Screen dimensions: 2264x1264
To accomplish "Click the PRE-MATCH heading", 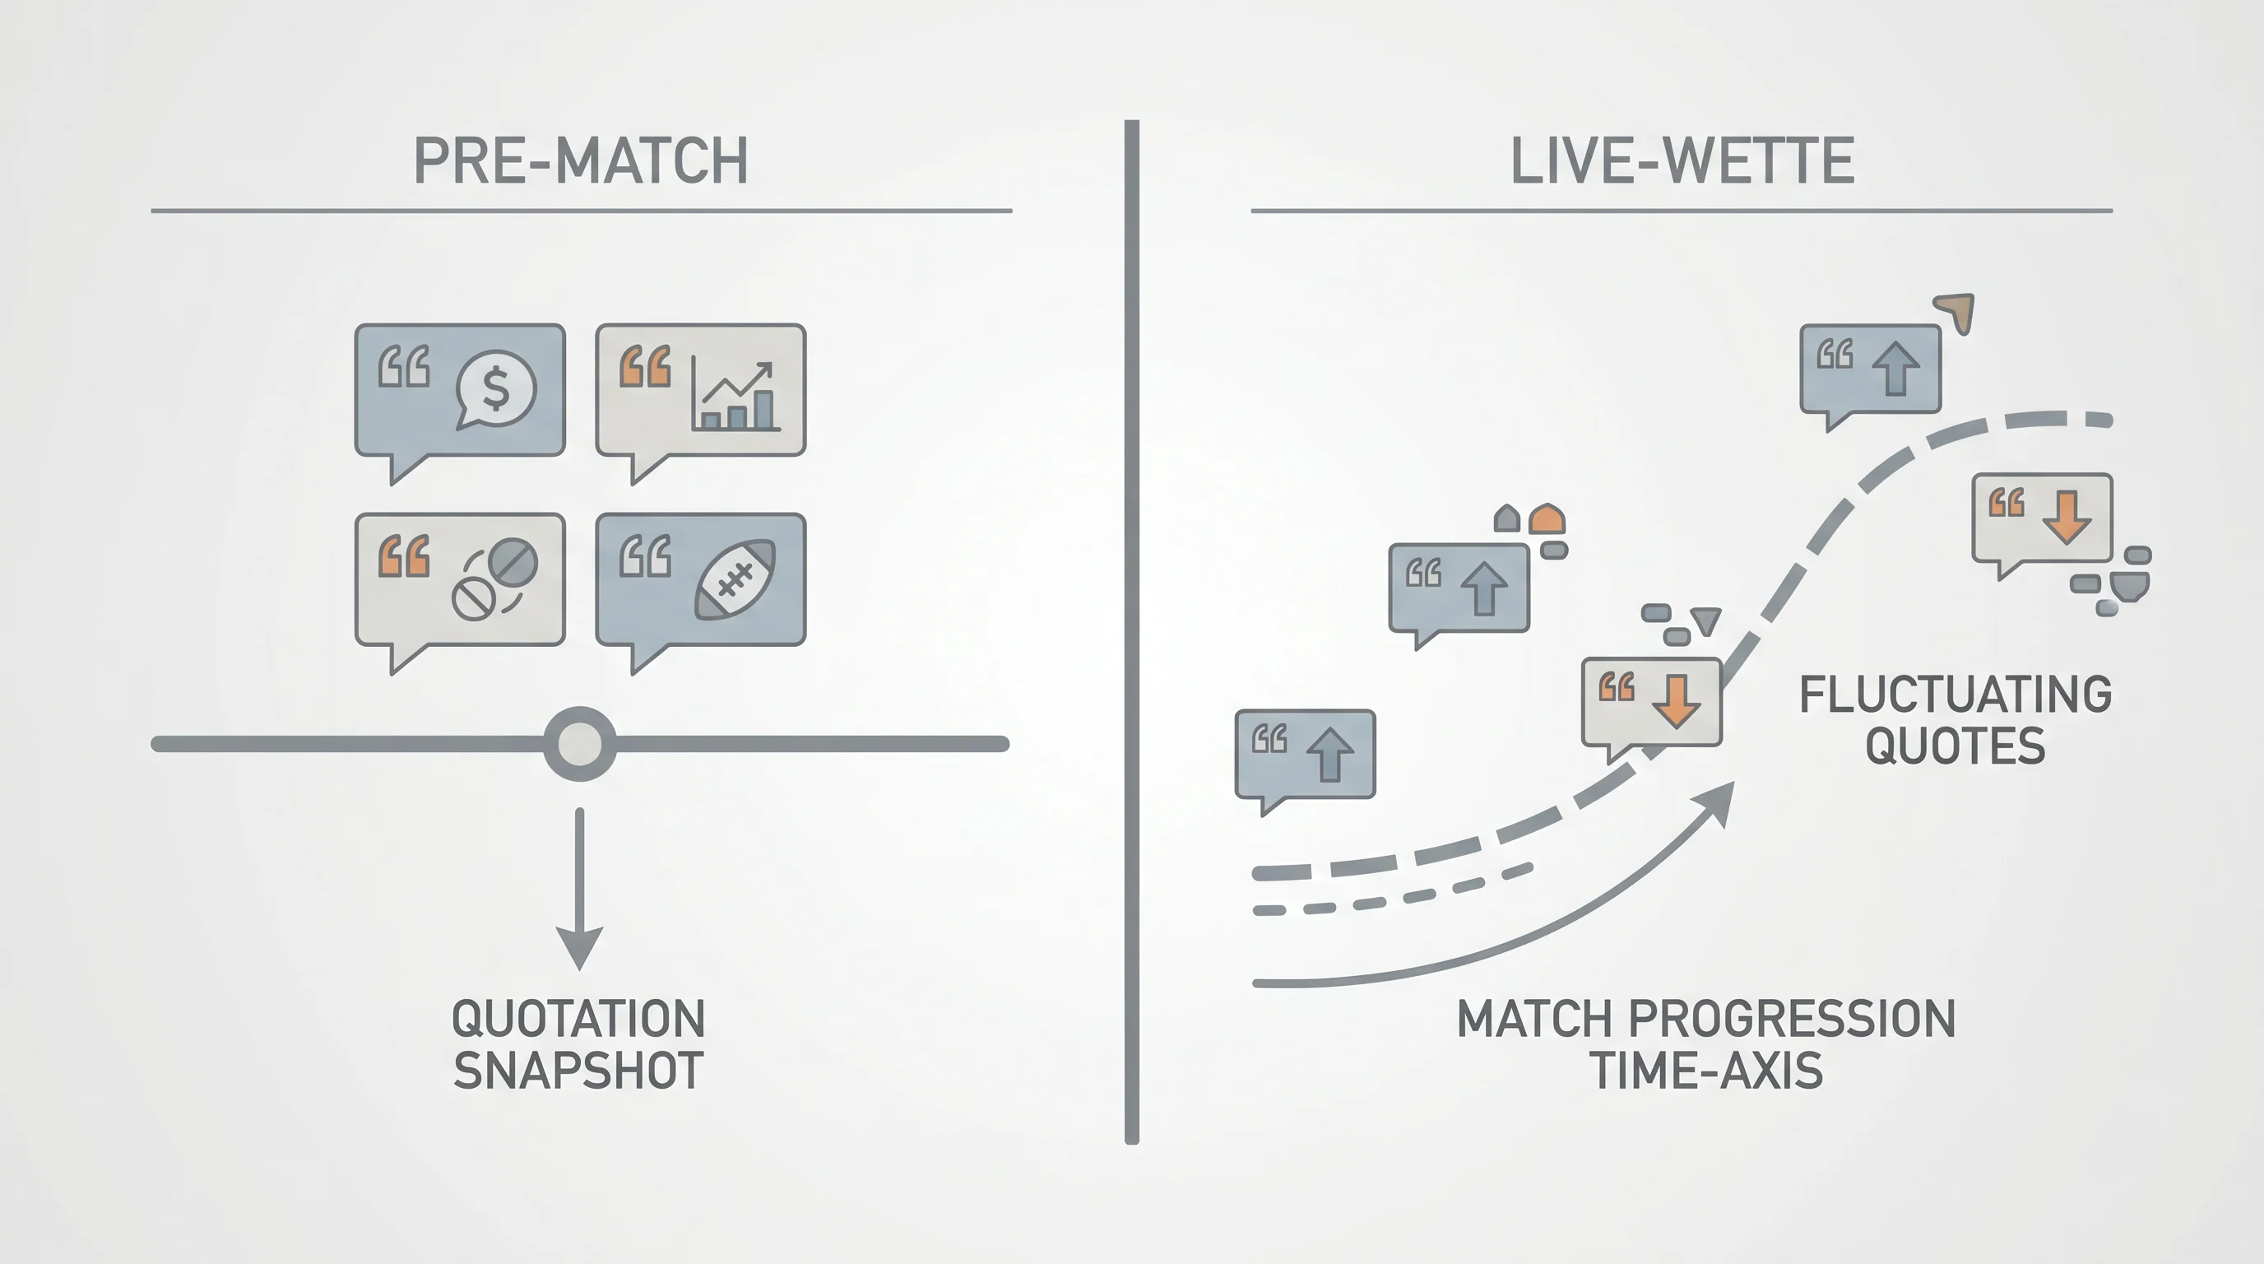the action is pos(581,160).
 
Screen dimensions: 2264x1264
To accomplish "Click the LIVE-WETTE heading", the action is pos(1682,160).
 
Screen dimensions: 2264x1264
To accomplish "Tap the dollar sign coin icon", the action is pos(496,389).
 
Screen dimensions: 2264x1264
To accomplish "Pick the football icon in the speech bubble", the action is pos(735,579).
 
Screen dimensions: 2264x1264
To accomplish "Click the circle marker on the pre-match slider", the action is pos(580,744).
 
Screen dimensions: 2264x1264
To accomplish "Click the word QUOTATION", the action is pos(578,1019).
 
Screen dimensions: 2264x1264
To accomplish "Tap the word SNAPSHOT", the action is pos(578,1071).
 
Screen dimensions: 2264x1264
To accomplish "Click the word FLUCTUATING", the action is pos(1955,695).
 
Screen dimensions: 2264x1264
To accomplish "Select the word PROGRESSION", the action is pos(1792,1019).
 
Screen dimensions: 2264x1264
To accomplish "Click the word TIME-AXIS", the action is pos(1707,1071).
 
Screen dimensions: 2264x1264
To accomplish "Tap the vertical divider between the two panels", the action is pos(1132,632).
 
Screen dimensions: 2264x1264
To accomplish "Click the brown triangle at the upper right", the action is pos(1957,312).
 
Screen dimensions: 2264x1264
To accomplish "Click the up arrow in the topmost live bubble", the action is pos(1895,367).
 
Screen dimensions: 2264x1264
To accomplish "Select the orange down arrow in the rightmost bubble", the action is pos(2067,517).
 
